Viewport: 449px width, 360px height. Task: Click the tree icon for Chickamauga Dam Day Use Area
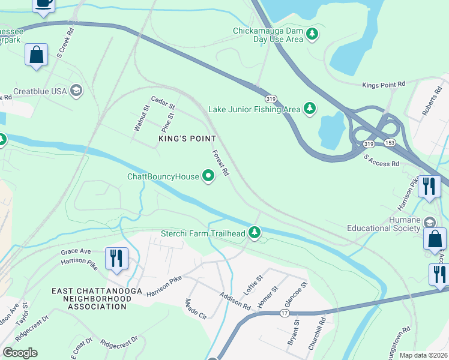pyautogui.click(x=312, y=34)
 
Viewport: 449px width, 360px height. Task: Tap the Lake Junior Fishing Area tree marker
pyautogui.click(x=310, y=109)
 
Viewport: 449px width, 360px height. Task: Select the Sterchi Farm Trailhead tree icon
pyautogui.click(x=255, y=232)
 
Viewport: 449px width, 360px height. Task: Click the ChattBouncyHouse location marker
pyautogui.click(x=209, y=176)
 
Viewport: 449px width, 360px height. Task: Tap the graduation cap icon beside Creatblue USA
pyautogui.click(x=76, y=91)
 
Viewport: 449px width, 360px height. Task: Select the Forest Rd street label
pyautogui.click(x=221, y=163)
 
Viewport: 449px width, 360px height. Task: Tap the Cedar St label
pyautogui.click(x=163, y=103)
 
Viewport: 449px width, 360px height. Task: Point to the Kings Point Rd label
pyautogui.click(x=384, y=85)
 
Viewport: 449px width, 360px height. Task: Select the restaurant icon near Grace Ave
pyautogui.click(x=115, y=257)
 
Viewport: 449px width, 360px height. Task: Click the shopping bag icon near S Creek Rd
pyautogui.click(x=37, y=55)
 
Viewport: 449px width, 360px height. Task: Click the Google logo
pyautogui.click(x=20, y=353)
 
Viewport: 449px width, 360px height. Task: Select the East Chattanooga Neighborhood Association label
pyautogui.click(x=88, y=299)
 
